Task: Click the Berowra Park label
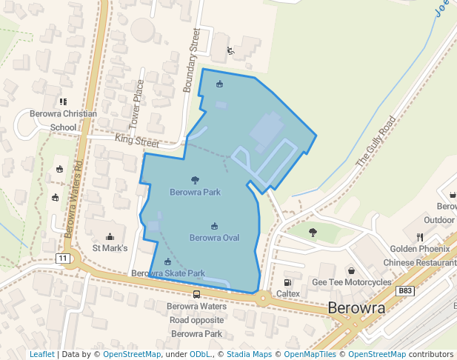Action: pyautogui.click(x=195, y=193)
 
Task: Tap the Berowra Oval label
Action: pyautogui.click(x=214, y=238)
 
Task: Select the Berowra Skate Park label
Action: pyautogui.click(x=168, y=273)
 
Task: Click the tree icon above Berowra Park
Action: pyautogui.click(x=195, y=180)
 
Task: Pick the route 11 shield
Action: pyautogui.click(x=62, y=258)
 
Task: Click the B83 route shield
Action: pyautogui.click(x=404, y=292)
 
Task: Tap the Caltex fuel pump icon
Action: pyautogui.click(x=287, y=282)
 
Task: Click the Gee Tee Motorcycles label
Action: pyautogui.click(x=351, y=282)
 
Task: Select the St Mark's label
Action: pyautogui.click(x=110, y=248)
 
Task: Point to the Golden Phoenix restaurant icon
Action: pyautogui.click(x=419, y=237)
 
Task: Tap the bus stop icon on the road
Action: pyautogui.click(x=196, y=294)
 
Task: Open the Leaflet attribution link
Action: pyautogui.click(x=41, y=355)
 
